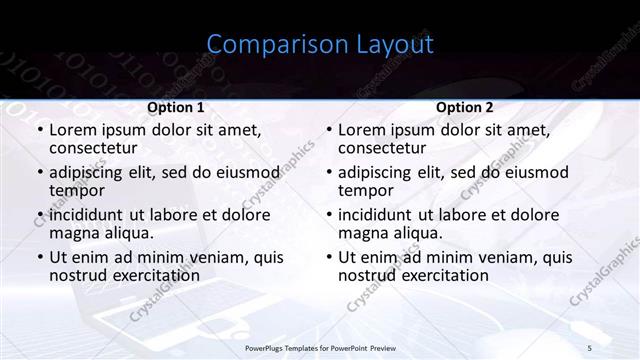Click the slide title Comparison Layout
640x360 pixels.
point(320,45)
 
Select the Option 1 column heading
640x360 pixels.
point(176,108)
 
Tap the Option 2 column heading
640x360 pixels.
point(464,108)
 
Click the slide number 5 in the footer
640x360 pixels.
point(589,347)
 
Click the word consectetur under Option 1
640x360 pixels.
point(92,148)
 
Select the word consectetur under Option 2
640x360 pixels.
point(381,148)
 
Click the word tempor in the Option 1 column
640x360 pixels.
point(75,190)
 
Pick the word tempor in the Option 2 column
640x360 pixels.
point(364,190)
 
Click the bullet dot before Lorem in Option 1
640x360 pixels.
point(38,131)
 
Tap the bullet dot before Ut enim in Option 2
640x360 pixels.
point(327,258)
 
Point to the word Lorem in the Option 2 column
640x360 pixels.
point(361,130)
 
